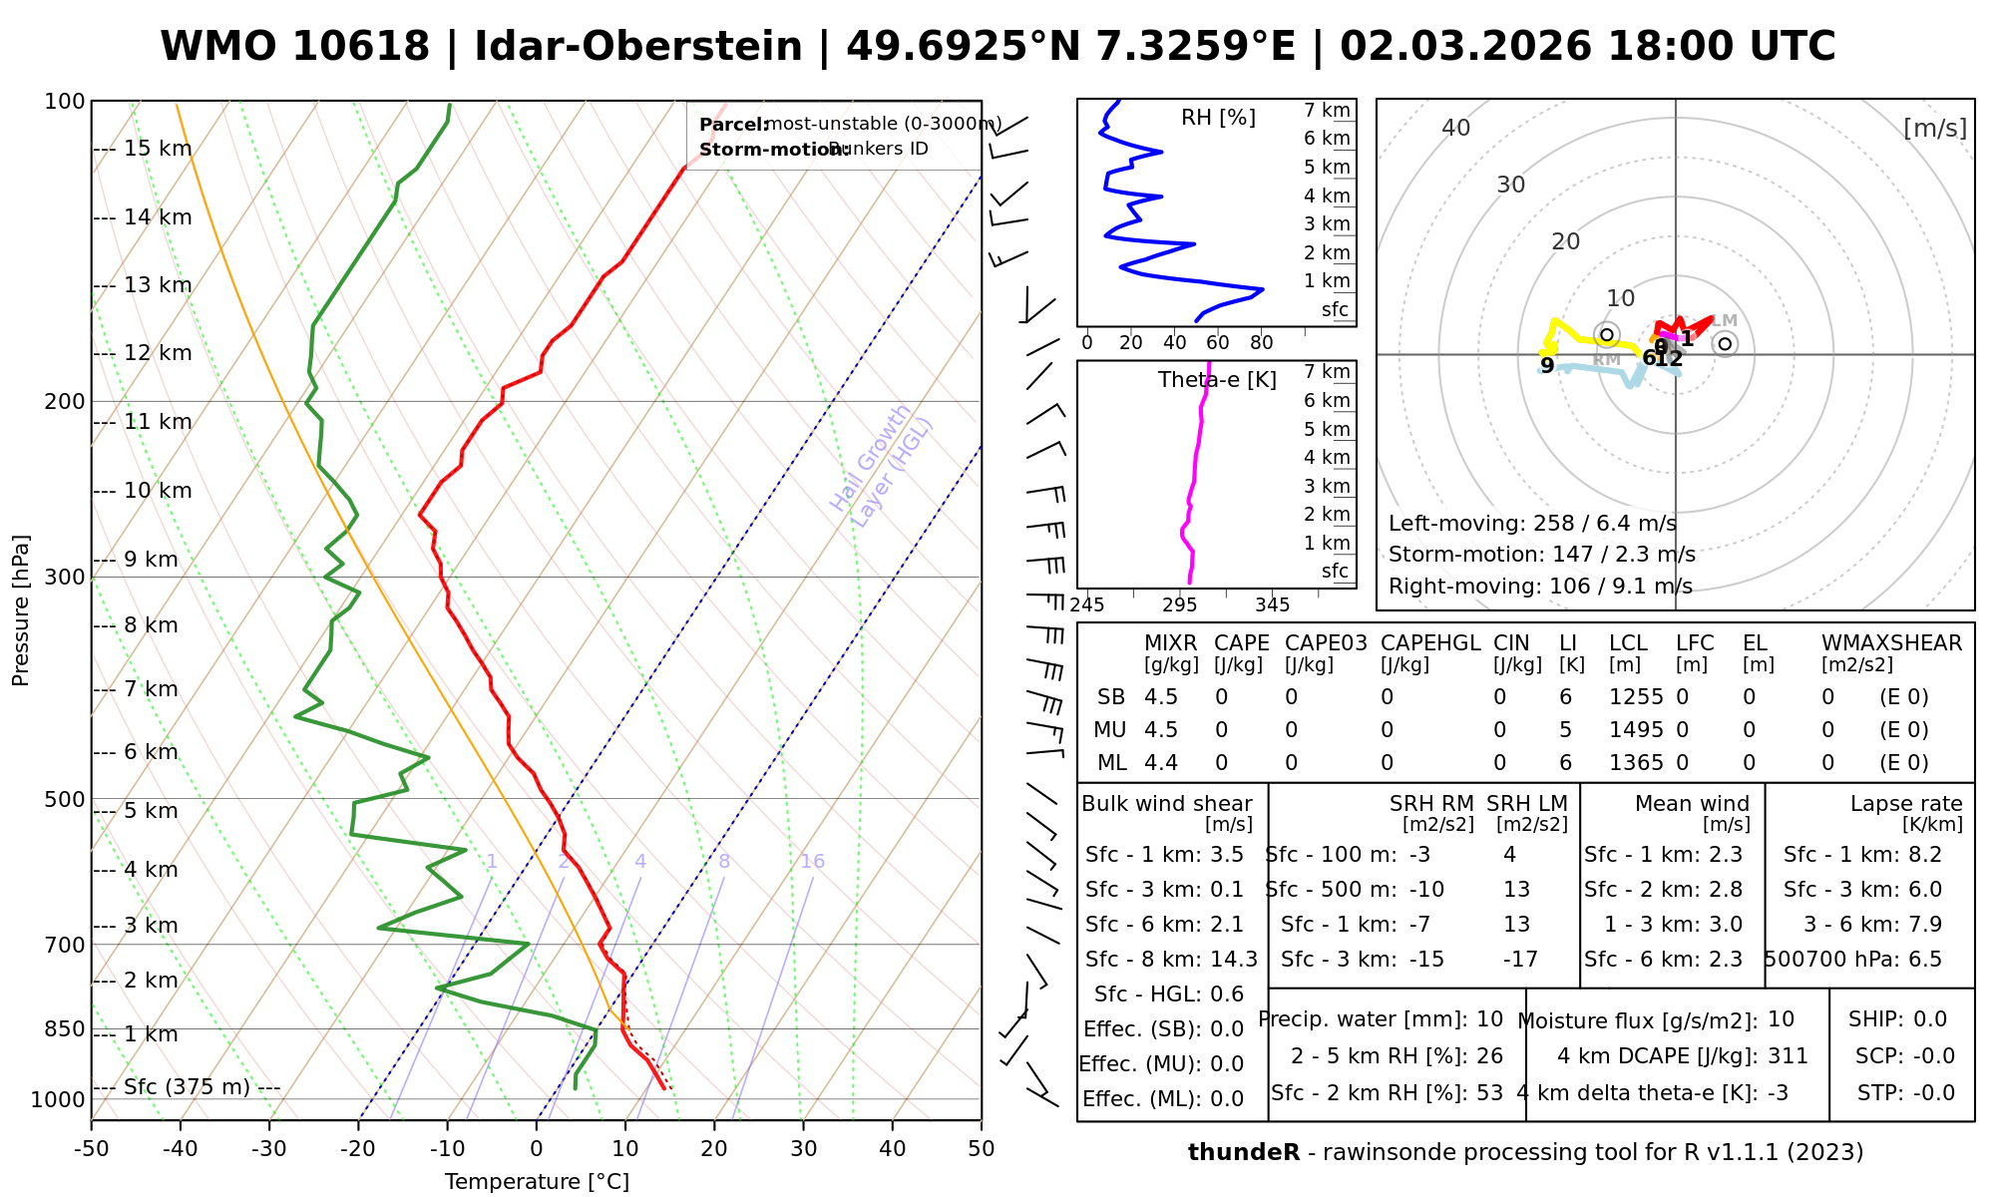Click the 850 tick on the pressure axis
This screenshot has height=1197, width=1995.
click(x=65, y=1028)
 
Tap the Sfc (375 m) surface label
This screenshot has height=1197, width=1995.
click(x=187, y=1086)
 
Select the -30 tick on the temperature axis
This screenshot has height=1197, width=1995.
click(x=269, y=1149)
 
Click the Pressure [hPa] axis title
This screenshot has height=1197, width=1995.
click(x=21, y=610)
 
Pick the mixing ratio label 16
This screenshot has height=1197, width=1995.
click(x=812, y=862)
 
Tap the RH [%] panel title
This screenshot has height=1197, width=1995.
click(x=1218, y=118)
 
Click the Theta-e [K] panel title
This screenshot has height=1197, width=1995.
click(x=1217, y=380)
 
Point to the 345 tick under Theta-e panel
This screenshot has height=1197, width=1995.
click(x=1272, y=605)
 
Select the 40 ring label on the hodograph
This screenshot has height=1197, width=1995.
click(x=1456, y=128)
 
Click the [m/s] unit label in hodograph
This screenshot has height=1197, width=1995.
click(x=1935, y=129)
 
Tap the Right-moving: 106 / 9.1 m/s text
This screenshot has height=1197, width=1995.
click(x=1540, y=586)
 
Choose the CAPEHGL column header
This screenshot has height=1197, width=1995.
click(x=1430, y=643)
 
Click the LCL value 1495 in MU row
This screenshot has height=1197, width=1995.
click(x=1636, y=730)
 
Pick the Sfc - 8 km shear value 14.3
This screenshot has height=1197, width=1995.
click(x=1234, y=960)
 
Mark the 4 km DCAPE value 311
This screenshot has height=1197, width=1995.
click(x=1788, y=1056)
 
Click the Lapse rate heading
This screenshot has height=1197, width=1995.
click(x=1906, y=804)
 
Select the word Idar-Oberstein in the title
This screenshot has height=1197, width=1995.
click(x=638, y=47)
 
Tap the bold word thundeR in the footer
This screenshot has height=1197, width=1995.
click(x=1244, y=1153)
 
